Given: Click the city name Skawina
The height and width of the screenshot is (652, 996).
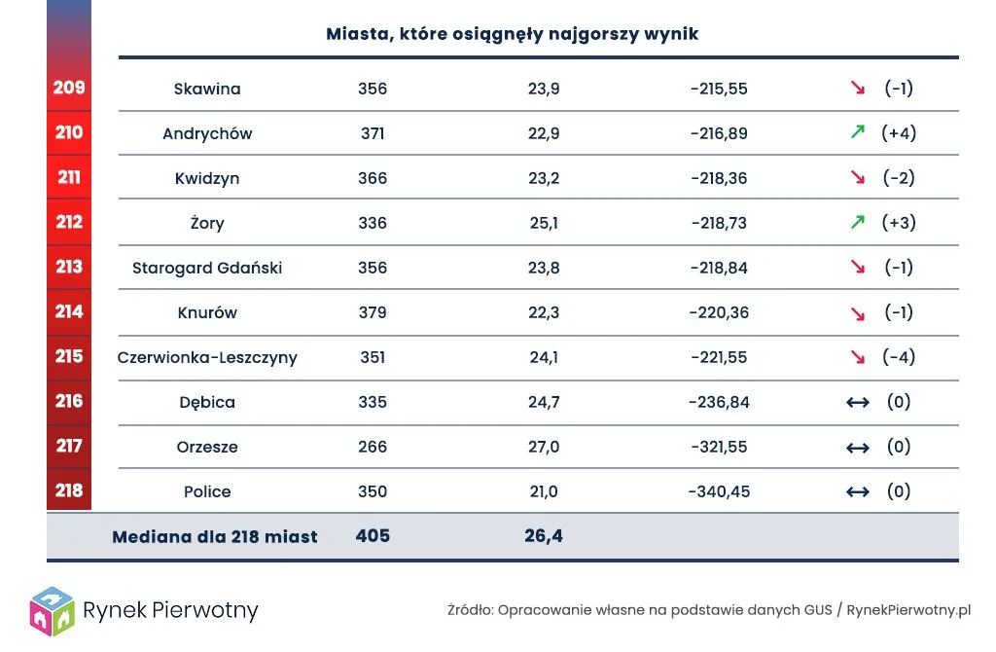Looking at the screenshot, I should [207, 89].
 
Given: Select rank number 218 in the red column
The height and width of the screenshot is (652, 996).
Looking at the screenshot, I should [69, 490].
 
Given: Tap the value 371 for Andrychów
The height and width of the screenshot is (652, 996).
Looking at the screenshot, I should [373, 133].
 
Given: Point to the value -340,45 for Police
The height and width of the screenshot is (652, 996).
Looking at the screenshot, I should [719, 491].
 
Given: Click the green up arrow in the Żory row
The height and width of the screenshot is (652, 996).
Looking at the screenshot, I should [857, 222].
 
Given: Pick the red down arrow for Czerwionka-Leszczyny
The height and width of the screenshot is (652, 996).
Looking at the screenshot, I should [857, 357].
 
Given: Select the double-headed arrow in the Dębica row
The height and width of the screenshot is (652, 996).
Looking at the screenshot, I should [857, 402].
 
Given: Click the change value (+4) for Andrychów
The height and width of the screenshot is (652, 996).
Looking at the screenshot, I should [899, 133].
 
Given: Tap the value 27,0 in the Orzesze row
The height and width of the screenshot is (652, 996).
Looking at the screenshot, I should [544, 447].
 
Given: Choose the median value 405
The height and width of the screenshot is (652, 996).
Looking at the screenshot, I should [373, 536].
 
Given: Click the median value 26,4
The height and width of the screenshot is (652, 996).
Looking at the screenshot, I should [545, 536].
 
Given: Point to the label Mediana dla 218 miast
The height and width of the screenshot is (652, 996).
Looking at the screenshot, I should [215, 537].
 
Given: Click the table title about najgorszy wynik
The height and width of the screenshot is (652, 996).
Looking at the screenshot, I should [513, 34].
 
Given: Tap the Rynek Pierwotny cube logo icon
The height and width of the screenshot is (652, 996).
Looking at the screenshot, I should [52, 609].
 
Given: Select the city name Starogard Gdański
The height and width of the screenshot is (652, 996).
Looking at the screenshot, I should [207, 268].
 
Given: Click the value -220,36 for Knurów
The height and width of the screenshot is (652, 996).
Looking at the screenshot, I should [719, 312].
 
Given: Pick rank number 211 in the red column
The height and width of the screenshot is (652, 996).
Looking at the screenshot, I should [69, 177].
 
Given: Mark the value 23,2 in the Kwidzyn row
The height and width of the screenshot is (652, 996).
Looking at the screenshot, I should [544, 178].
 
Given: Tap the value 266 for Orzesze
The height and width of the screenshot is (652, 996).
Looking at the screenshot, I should [373, 447].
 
